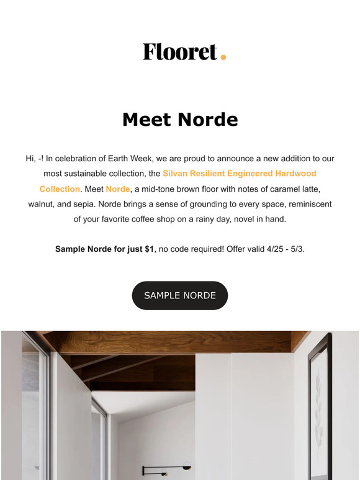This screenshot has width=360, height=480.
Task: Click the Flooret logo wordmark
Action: [x=179, y=51]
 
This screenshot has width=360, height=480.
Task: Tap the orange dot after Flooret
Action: [x=223, y=58]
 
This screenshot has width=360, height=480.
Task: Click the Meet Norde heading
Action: [x=180, y=120]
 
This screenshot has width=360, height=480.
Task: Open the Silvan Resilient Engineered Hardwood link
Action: [x=239, y=174]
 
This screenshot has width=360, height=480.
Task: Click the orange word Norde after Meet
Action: [x=117, y=189]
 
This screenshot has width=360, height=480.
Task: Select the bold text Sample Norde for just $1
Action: [x=104, y=249]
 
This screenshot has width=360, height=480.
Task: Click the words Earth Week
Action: [x=179, y=159]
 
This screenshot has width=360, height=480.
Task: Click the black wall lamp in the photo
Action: [x=163, y=469]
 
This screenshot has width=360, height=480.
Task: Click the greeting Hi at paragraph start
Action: [x=31, y=159]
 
